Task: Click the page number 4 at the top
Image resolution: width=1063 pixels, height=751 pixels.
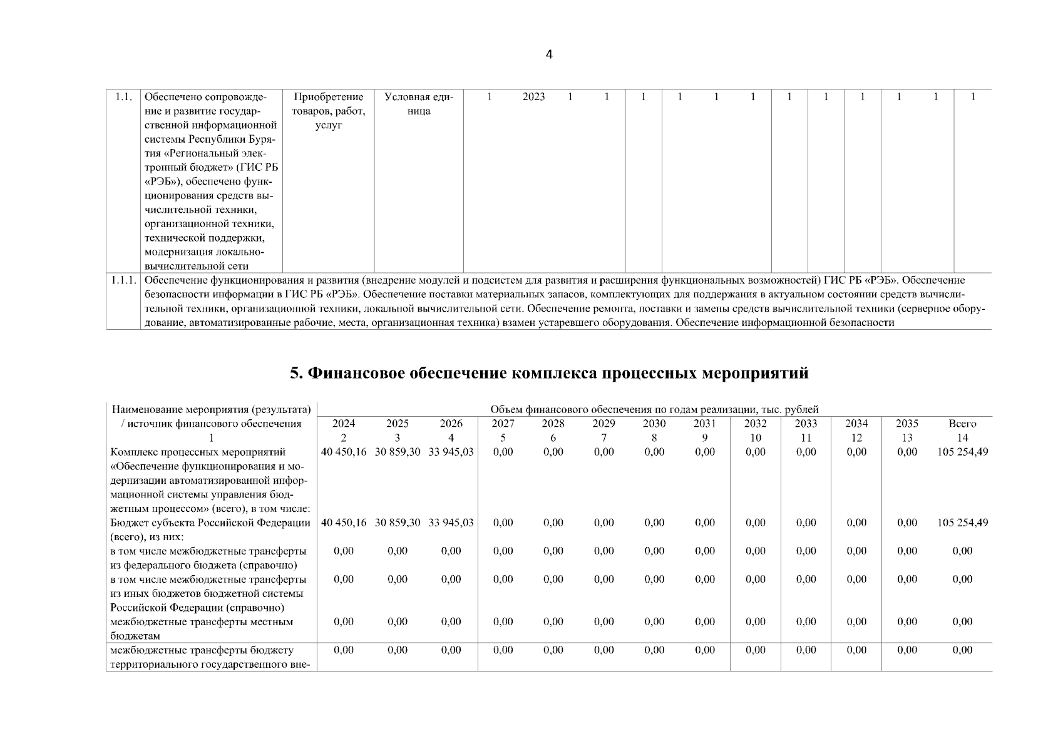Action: click(549, 54)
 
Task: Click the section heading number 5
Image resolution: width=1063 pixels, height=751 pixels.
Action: click(296, 374)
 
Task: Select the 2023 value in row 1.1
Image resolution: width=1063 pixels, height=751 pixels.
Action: click(533, 97)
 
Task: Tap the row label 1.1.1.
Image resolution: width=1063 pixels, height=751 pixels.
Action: click(123, 280)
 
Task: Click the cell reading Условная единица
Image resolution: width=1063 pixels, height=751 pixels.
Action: click(418, 104)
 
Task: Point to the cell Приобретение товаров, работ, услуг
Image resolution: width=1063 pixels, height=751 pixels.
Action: click(329, 111)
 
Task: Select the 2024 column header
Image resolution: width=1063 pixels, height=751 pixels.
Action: click(344, 424)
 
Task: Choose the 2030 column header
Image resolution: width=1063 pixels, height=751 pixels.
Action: click(654, 424)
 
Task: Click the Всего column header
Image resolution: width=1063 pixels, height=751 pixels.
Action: click(962, 424)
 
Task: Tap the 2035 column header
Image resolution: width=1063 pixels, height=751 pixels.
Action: click(907, 424)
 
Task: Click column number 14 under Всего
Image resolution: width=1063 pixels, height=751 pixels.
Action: click(962, 437)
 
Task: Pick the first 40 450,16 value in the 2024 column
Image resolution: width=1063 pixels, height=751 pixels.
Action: click(344, 452)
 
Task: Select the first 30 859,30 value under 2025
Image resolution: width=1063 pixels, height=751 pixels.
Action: click(398, 452)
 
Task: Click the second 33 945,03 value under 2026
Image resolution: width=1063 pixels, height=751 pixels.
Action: click(451, 523)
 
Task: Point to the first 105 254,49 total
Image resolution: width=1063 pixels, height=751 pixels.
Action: click(962, 452)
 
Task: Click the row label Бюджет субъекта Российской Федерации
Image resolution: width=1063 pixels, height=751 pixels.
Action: click(210, 523)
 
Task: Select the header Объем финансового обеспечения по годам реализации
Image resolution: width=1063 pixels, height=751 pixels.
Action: click(654, 409)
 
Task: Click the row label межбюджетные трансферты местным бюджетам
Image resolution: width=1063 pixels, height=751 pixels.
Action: click(202, 628)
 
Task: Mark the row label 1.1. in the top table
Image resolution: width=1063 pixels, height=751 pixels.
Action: click(123, 97)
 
